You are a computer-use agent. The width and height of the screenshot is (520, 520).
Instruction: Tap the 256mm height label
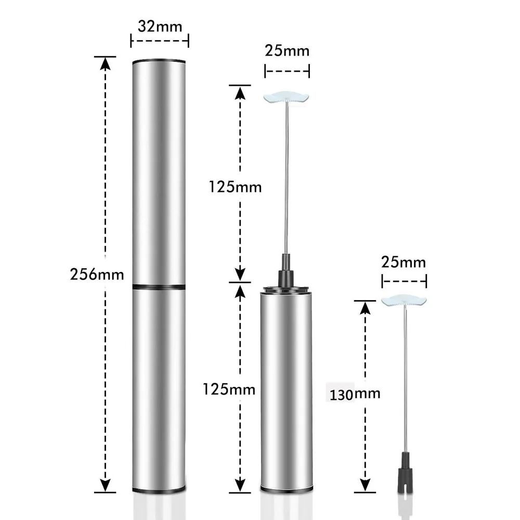click(x=97, y=274)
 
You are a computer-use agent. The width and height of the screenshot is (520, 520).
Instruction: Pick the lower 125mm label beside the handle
click(x=229, y=389)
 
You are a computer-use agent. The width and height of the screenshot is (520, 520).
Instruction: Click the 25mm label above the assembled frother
click(x=287, y=51)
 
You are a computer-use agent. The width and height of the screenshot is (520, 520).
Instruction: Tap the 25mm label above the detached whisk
click(x=404, y=262)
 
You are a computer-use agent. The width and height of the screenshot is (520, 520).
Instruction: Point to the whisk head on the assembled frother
click(x=287, y=97)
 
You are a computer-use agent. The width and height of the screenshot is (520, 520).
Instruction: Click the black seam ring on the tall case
click(x=159, y=286)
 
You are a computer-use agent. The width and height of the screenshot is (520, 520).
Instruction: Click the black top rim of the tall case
click(x=159, y=61)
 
